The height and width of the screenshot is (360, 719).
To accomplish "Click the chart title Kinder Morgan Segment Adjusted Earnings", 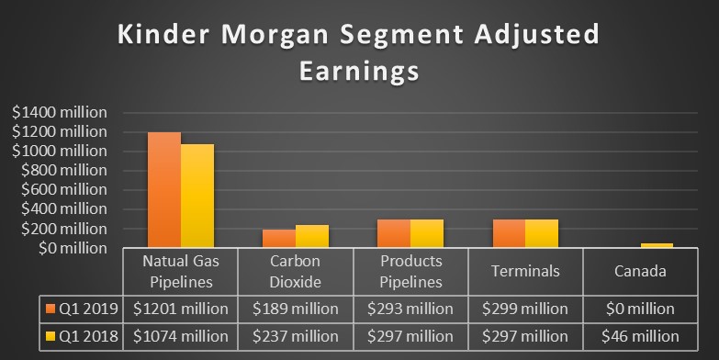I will pyautogui.click(x=359, y=52).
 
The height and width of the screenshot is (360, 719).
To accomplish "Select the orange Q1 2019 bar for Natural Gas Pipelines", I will pyautogui.click(x=164, y=190).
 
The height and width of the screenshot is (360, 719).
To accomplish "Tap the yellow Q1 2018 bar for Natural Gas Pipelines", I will pyautogui.click(x=197, y=196).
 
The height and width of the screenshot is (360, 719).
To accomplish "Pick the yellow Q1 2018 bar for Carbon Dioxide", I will pyautogui.click(x=312, y=236).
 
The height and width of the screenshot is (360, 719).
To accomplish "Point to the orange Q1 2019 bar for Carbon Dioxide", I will pyautogui.click(x=279, y=239).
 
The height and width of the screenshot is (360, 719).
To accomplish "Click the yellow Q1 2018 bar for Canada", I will pyautogui.click(x=657, y=245).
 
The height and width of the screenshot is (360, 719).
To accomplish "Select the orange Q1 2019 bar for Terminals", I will pyautogui.click(x=509, y=233).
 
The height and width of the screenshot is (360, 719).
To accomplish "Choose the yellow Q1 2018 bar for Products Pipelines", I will pyautogui.click(x=427, y=233).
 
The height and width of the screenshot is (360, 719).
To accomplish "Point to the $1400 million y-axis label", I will pyautogui.click(x=61, y=111).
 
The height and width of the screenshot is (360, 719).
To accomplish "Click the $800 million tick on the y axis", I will pyautogui.click(x=61, y=170).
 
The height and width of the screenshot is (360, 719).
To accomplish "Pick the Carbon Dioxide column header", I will pyautogui.click(x=296, y=272).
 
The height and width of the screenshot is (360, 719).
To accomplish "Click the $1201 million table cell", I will pyautogui.click(x=181, y=309).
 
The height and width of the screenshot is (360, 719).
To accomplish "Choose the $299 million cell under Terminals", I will pyautogui.click(x=525, y=309).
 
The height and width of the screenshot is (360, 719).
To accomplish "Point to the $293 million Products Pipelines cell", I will pyautogui.click(x=410, y=309).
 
